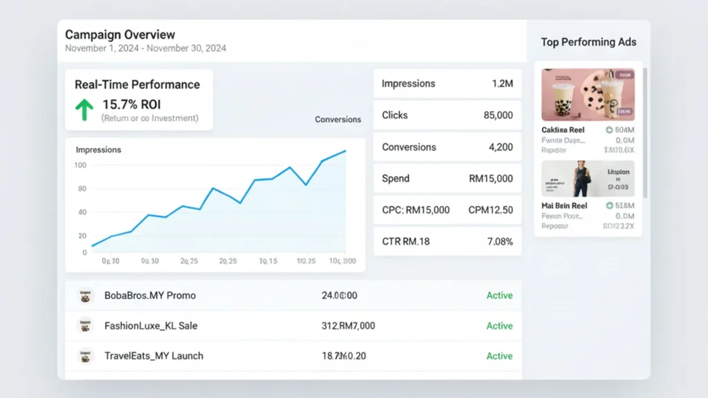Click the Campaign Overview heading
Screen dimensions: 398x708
(120, 35)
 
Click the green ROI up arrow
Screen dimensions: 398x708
(84, 109)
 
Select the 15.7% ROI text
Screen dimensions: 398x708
(131, 104)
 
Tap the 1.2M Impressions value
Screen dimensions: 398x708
(502, 84)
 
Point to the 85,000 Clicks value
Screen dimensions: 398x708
(498, 115)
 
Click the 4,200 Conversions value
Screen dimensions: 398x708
(501, 147)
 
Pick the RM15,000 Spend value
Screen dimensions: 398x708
(491, 178)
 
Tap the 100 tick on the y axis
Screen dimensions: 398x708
(80, 165)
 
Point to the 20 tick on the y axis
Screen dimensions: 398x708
(82, 236)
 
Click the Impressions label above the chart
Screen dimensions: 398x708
(98, 149)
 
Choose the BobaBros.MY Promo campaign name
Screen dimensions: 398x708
(150, 295)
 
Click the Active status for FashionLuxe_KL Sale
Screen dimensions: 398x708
(499, 325)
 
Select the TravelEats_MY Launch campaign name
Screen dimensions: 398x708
(153, 356)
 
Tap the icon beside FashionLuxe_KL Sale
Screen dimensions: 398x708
(86, 325)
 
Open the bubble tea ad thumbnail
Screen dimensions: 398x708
(588, 95)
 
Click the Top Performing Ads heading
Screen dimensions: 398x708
(588, 42)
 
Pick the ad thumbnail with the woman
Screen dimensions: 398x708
(588, 179)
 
